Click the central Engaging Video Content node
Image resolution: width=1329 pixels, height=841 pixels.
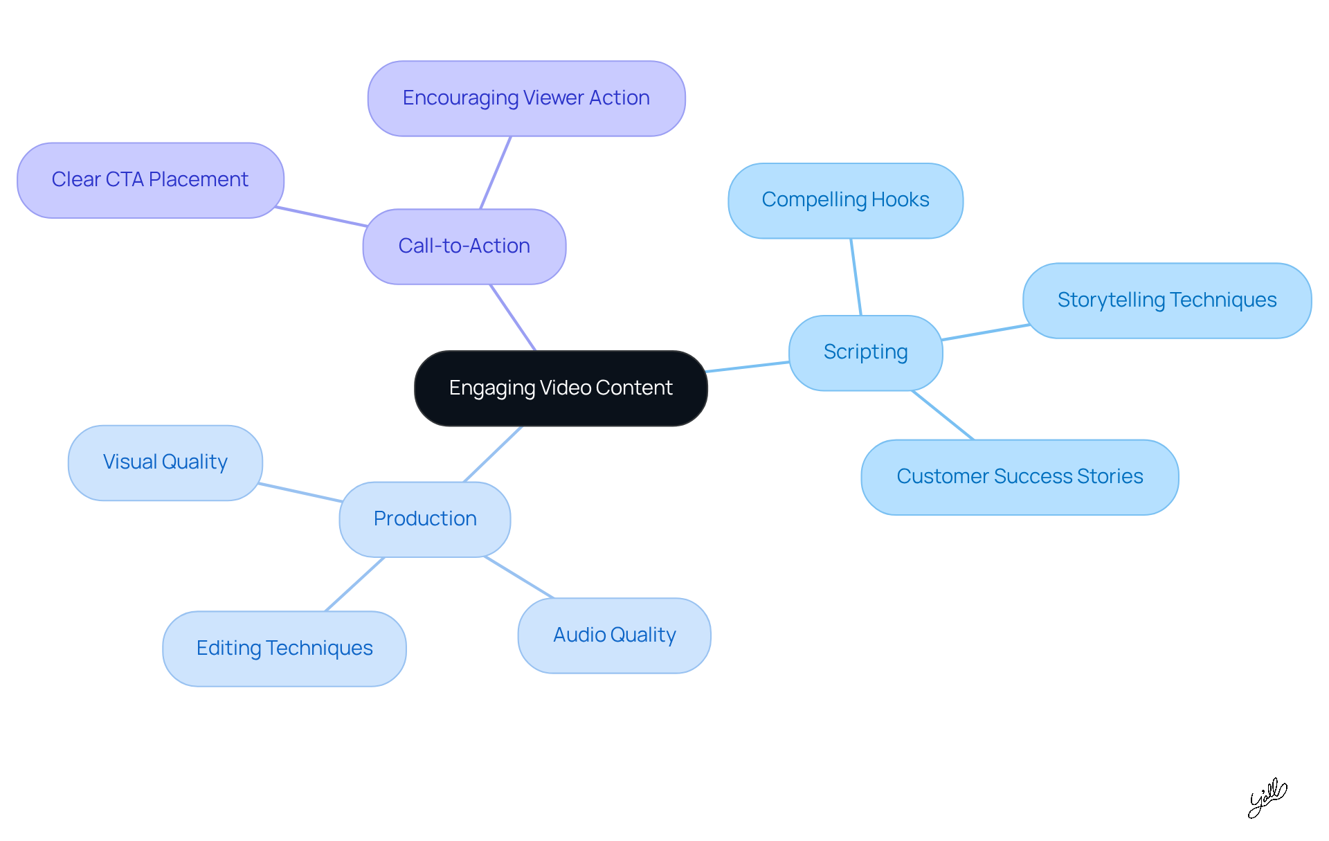point(561,388)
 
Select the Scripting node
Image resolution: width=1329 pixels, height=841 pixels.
point(865,352)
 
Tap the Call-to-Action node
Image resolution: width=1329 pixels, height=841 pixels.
point(464,246)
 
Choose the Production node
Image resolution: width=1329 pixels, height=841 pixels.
point(424,519)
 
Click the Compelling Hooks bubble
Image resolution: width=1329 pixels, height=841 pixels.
point(845,200)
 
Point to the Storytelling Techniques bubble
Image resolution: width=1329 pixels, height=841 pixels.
point(1166,300)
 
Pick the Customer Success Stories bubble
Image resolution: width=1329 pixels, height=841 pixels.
point(1020,477)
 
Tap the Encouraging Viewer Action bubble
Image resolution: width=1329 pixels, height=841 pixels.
point(526,98)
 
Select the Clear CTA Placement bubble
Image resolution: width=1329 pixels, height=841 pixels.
point(150,180)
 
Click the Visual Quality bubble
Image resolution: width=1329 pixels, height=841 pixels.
point(165,462)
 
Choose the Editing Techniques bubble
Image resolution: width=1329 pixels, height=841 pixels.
point(284,649)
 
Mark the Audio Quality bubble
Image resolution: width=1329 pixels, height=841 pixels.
point(614,635)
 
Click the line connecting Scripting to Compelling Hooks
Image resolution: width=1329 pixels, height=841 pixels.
point(856,277)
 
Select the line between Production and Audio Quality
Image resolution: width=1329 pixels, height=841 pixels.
point(519,577)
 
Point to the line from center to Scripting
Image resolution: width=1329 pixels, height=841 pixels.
point(748,367)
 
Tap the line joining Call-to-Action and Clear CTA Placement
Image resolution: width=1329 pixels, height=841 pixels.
point(320,217)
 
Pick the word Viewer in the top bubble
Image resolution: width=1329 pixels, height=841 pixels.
point(553,98)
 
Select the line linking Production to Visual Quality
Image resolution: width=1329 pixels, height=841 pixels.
point(301,493)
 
